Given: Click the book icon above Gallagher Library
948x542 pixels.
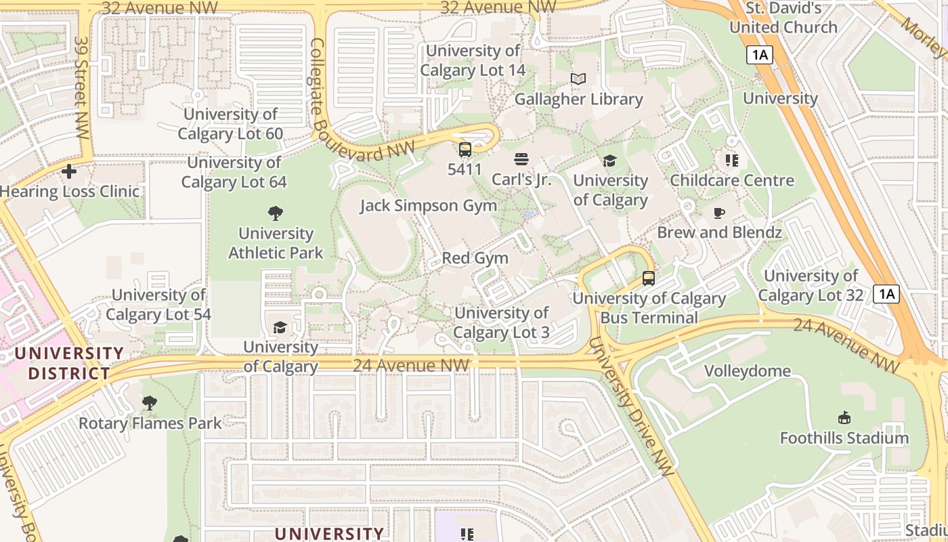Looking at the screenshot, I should [x=578, y=79].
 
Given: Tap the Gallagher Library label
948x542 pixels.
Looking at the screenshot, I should [x=578, y=99].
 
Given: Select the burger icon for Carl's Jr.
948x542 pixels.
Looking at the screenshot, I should [x=521, y=160].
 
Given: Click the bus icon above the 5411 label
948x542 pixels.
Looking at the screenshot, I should [x=465, y=150].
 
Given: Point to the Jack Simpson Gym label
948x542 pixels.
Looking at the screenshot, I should [x=428, y=205].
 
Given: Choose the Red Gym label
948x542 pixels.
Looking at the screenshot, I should [x=475, y=258].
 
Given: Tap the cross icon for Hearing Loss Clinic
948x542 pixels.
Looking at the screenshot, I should [x=68, y=171].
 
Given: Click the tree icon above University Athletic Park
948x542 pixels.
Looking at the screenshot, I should [x=275, y=214].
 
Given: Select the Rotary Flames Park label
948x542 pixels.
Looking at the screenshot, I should [x=150, y=423].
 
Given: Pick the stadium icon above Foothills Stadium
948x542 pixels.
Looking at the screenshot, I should [x=844, y=418].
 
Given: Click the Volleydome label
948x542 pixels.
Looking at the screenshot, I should [x=747, y=371].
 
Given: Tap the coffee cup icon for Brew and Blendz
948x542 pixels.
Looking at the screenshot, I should [x=719, y=213].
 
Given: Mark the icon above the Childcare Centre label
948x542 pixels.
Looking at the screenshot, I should [x=731, y=161].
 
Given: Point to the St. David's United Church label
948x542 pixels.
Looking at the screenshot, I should [x=783, y=18].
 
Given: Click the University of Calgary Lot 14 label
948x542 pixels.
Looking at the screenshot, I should [x=473, y=60].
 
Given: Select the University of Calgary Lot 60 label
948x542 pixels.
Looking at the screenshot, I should [x=230, y=124].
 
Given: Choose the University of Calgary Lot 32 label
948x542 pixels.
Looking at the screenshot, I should [x=811, y=285].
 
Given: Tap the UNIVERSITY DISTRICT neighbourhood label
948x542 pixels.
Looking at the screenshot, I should [x=69, y=363].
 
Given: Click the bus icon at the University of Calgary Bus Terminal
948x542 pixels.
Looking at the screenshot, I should [x=648, y=278].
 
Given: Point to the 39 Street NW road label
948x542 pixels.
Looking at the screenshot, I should [x=81, y=88].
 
